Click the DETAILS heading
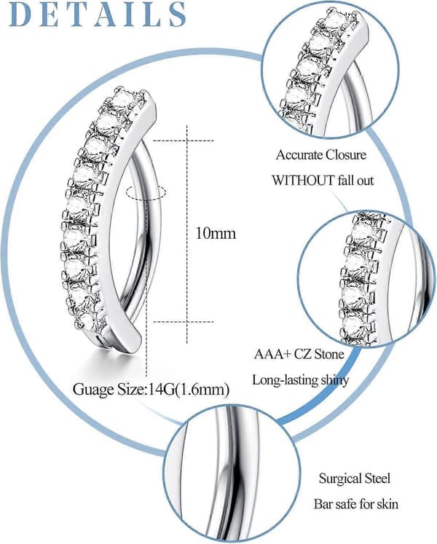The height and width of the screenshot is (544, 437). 98,14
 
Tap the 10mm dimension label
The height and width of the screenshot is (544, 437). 216,233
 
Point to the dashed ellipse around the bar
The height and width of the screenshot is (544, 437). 146,192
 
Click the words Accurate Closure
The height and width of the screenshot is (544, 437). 321,154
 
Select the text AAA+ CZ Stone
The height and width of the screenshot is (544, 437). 299,354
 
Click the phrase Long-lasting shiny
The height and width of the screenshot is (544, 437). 301,380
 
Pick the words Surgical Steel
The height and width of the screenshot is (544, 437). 355,478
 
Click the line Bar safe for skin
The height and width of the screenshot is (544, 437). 356,504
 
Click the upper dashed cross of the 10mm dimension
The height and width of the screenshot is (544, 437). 187,141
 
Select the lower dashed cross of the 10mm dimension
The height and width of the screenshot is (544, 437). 187,322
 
